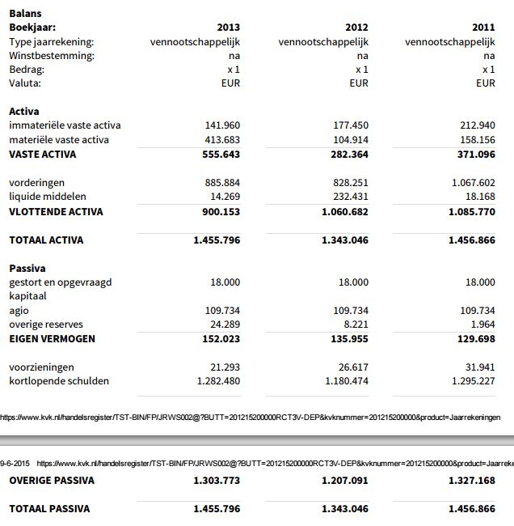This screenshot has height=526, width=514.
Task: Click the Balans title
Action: pos(25,14)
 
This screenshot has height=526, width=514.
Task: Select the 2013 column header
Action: pos(229,28)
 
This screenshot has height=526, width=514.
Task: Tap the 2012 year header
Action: pos(356,28)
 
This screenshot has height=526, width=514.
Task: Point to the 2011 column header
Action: pos(483,28)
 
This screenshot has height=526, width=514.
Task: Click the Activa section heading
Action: pos(24,112)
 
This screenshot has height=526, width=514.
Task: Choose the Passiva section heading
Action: pos(27,268)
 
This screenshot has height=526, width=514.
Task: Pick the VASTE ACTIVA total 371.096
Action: pos(475,155)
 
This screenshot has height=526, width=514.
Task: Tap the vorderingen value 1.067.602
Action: pos(473,183)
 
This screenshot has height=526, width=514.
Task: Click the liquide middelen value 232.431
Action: pos(351,197)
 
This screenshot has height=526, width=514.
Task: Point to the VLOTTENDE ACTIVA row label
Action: pos(56,212)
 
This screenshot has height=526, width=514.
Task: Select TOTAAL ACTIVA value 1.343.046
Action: pos(345,240)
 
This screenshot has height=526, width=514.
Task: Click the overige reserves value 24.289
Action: pos(224,325)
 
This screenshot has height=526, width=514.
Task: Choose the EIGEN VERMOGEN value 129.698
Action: pos(475,339)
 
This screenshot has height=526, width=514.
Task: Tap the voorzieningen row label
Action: pos(42,367)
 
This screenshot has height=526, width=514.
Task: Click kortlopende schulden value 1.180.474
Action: pos(347,381)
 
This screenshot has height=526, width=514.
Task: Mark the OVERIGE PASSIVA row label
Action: pos(52,481)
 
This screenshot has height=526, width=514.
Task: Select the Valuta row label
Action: pos(25,83)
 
